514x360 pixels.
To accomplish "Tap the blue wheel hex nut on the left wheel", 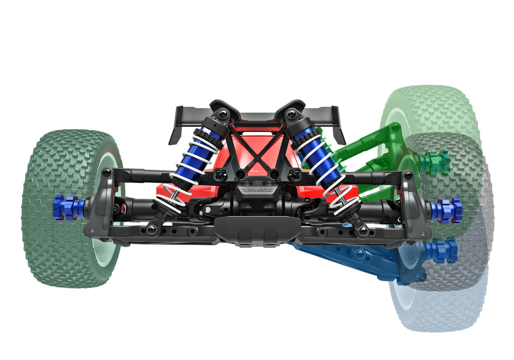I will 66,207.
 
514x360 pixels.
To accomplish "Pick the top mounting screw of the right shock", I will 292,114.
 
